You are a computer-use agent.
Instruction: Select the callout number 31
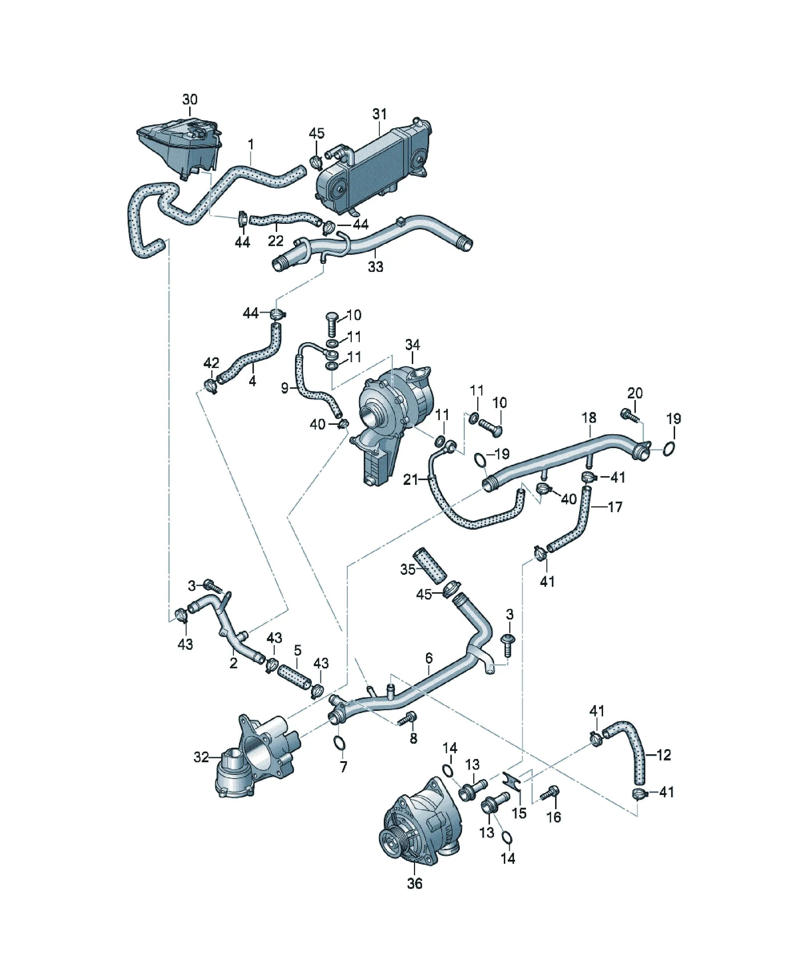click(379, 114)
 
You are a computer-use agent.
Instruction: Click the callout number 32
click(201, 757)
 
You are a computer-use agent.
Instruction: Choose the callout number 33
click(375, 266)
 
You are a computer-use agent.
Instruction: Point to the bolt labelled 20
click(628, 415)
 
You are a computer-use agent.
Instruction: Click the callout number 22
click(276, 241)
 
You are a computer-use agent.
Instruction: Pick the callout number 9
click(285, 388)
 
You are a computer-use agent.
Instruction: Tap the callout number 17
click(615, 507)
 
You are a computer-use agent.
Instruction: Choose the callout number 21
click(410, 480)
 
